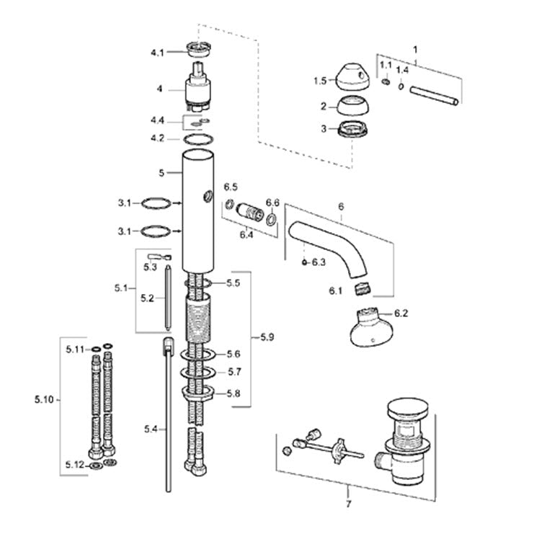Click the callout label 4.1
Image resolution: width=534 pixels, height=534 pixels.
click(157, 53)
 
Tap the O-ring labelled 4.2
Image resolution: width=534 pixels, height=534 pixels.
click(198, 139)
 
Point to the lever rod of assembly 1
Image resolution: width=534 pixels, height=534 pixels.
click(435, 95)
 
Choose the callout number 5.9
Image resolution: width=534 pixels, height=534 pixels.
click(267, 337)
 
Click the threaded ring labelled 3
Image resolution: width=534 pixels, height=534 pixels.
click(354, 130)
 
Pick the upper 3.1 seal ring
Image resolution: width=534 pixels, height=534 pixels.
click(156, 203)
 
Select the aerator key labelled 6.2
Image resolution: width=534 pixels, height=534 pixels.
click(371, 328)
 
